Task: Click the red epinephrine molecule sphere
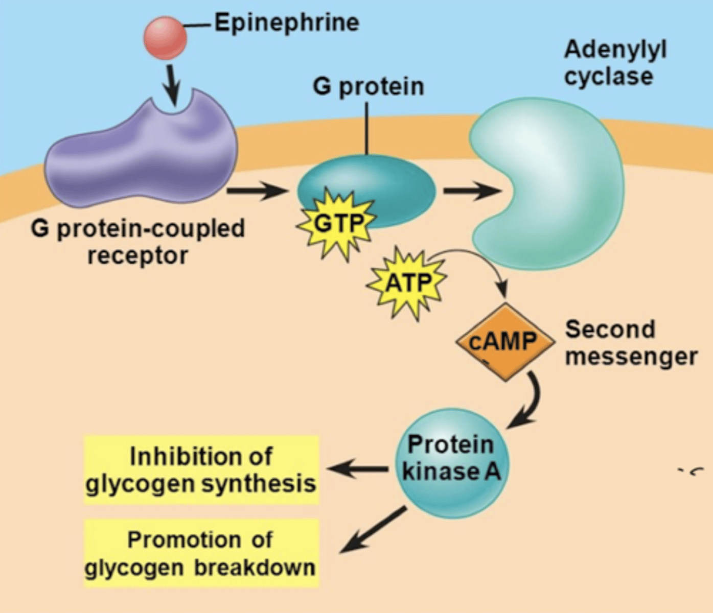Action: pyautogui.click(x=165, y=38)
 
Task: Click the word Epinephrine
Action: pyautogui.click(x=286, y=23)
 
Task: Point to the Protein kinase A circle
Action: pyautogui.click(x=452, y=462)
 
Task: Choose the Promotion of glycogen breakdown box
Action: pyautogui.click(x=201, y=553)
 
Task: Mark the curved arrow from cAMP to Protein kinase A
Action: pyautogui.click(x=529, y=404)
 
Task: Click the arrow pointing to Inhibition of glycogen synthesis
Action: pyautogui.click(x=358, y=468)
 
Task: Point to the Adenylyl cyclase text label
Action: pyautogui.click(x=615, y=63)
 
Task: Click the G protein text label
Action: pyautogui.click(x=368, y=86)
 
